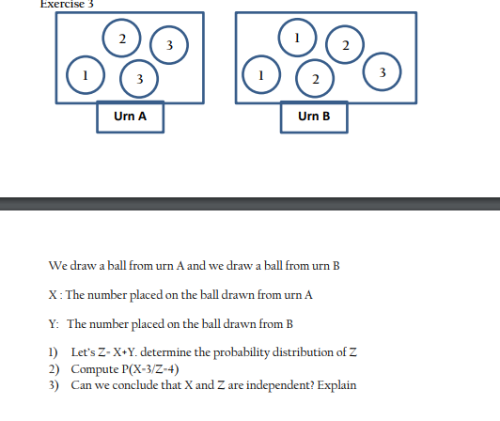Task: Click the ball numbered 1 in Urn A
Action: (84, 74)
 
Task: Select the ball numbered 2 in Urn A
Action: (121, 39)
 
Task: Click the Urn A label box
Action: (130, 117)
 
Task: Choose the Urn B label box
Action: (313, 117)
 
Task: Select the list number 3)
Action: (53, 385)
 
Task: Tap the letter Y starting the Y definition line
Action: (52, 323)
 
